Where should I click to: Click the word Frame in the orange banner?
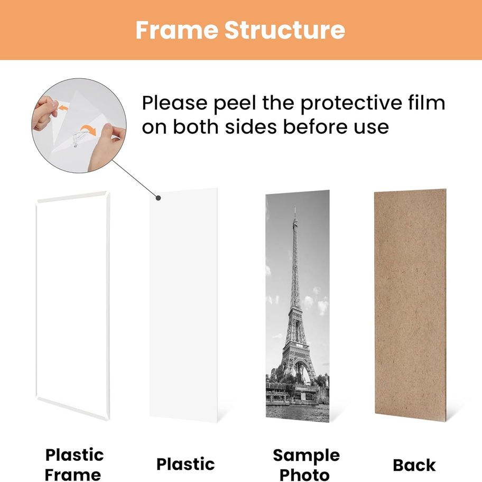pos(177,30)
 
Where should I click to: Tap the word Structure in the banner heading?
pos(285,30)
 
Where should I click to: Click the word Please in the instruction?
pos(174,103)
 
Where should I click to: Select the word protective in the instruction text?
pos(351,103)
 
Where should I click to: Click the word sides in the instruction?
pos(251,126)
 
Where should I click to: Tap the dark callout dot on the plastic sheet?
pos(158,198)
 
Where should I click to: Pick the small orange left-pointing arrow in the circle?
pos(63,108)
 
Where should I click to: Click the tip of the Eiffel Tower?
pos(295,208)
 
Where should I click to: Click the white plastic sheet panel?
pos(183,305)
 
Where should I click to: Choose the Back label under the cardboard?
pos(414,465)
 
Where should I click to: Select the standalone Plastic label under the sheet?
pos(186,464)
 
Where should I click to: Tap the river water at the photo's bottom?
pos(298,413)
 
